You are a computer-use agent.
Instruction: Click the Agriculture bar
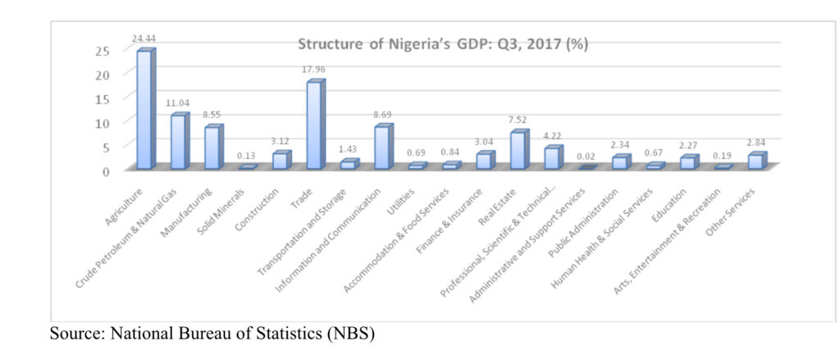point(145,111)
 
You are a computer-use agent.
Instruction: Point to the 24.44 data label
point(144,38)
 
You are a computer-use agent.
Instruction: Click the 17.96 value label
point(314,70)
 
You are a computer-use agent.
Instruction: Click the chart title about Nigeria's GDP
point(442,43)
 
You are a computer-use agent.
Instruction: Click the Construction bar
point(281,161)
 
